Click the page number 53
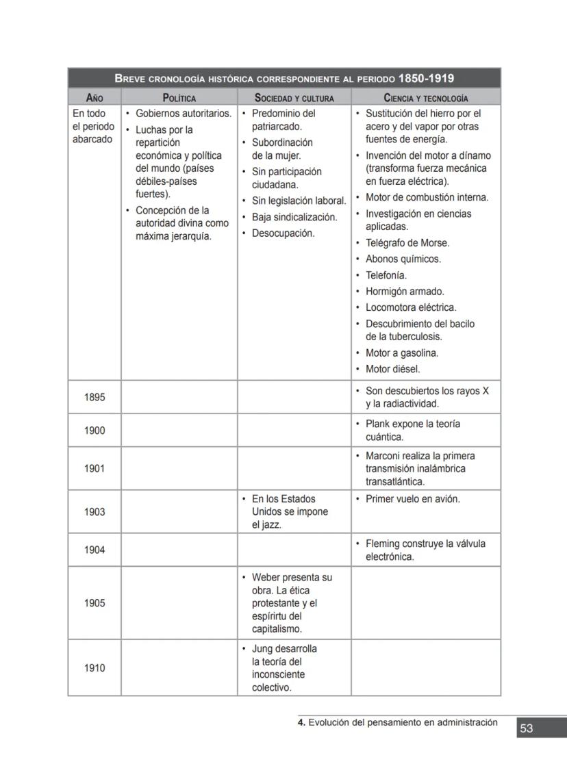click(x=526, y=728)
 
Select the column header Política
click(x=179, y=98)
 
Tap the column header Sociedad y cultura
click(x=294, y=98)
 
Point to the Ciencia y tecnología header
click(x=426, y=98)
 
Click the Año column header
click(x=94, y=98)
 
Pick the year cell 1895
click(x=94, y=397)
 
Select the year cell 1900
click(x=94, y=431)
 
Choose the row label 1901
click(x=94, y=469)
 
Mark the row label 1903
click(x=94, y=512)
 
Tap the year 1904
click(x=94, y=550)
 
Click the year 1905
click(x=94, y=603)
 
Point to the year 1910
click(x=94, y=667)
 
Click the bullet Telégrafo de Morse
click(x=407, y=243)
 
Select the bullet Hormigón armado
click(x=405, y=292)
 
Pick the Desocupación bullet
click(x=283, y=233)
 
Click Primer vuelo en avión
click(x=412, y=499)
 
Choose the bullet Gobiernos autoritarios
click(x=184, y=113)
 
